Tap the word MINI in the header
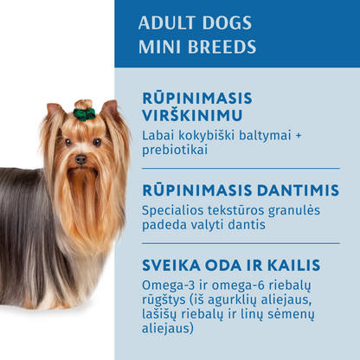click(157, 46)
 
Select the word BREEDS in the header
click(217, 46)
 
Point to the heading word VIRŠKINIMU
click(192, 116)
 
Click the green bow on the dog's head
click(84, 113)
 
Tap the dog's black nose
click(80, 159)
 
